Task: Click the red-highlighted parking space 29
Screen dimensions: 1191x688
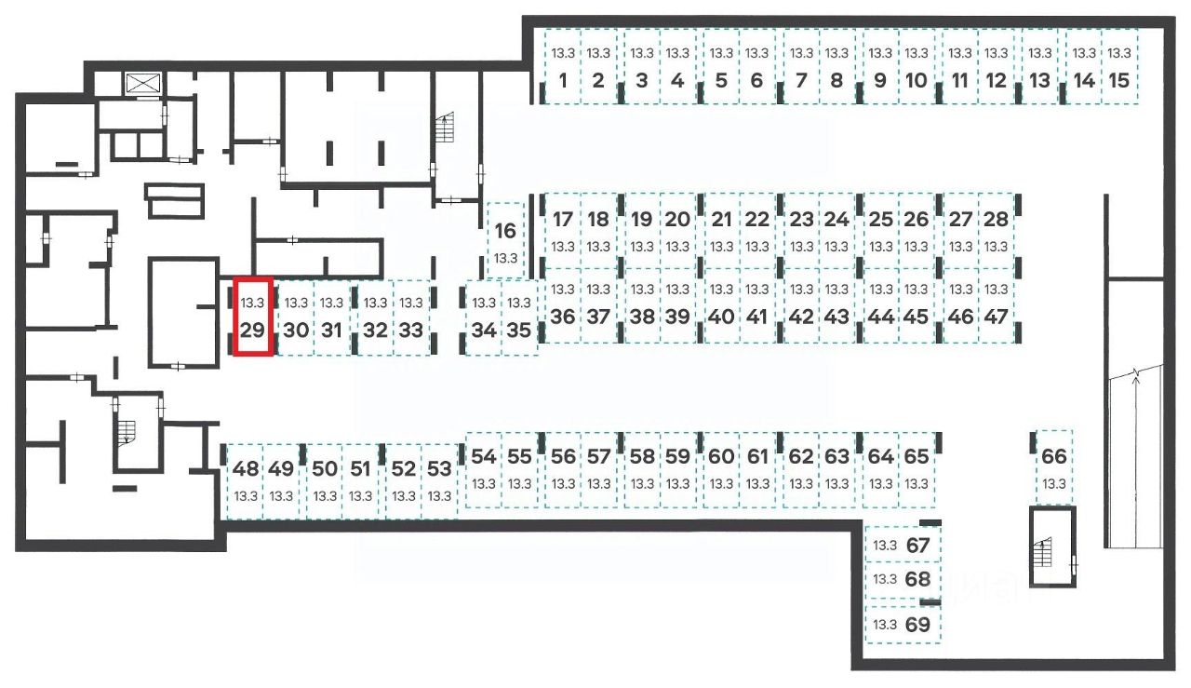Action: coord(252,317)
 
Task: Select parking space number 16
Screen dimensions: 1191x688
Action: coord(505,240)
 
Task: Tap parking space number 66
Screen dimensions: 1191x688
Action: coord(1053,465)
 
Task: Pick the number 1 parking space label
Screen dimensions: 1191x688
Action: coord(563,81)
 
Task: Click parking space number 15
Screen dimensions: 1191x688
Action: coord(1119,81)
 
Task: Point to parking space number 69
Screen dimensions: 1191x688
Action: coord(903,624)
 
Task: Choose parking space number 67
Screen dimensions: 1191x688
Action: coord(903,546)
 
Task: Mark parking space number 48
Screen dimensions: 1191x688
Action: coord(246,479)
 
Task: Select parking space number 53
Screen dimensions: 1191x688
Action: coord(439,479)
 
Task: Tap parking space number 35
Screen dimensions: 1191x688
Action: coord(519,317)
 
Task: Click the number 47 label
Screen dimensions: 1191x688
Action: coord(996,317)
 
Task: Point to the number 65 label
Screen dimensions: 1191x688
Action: coord(917,457)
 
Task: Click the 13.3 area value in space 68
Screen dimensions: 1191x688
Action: coord(885,579)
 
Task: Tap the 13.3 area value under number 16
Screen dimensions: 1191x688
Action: coord(505,257)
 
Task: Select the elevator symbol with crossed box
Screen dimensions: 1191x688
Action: coord(143,82)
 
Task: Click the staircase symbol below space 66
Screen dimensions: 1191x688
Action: coord(1049,553)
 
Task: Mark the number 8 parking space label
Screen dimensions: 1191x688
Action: coord(836,81)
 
